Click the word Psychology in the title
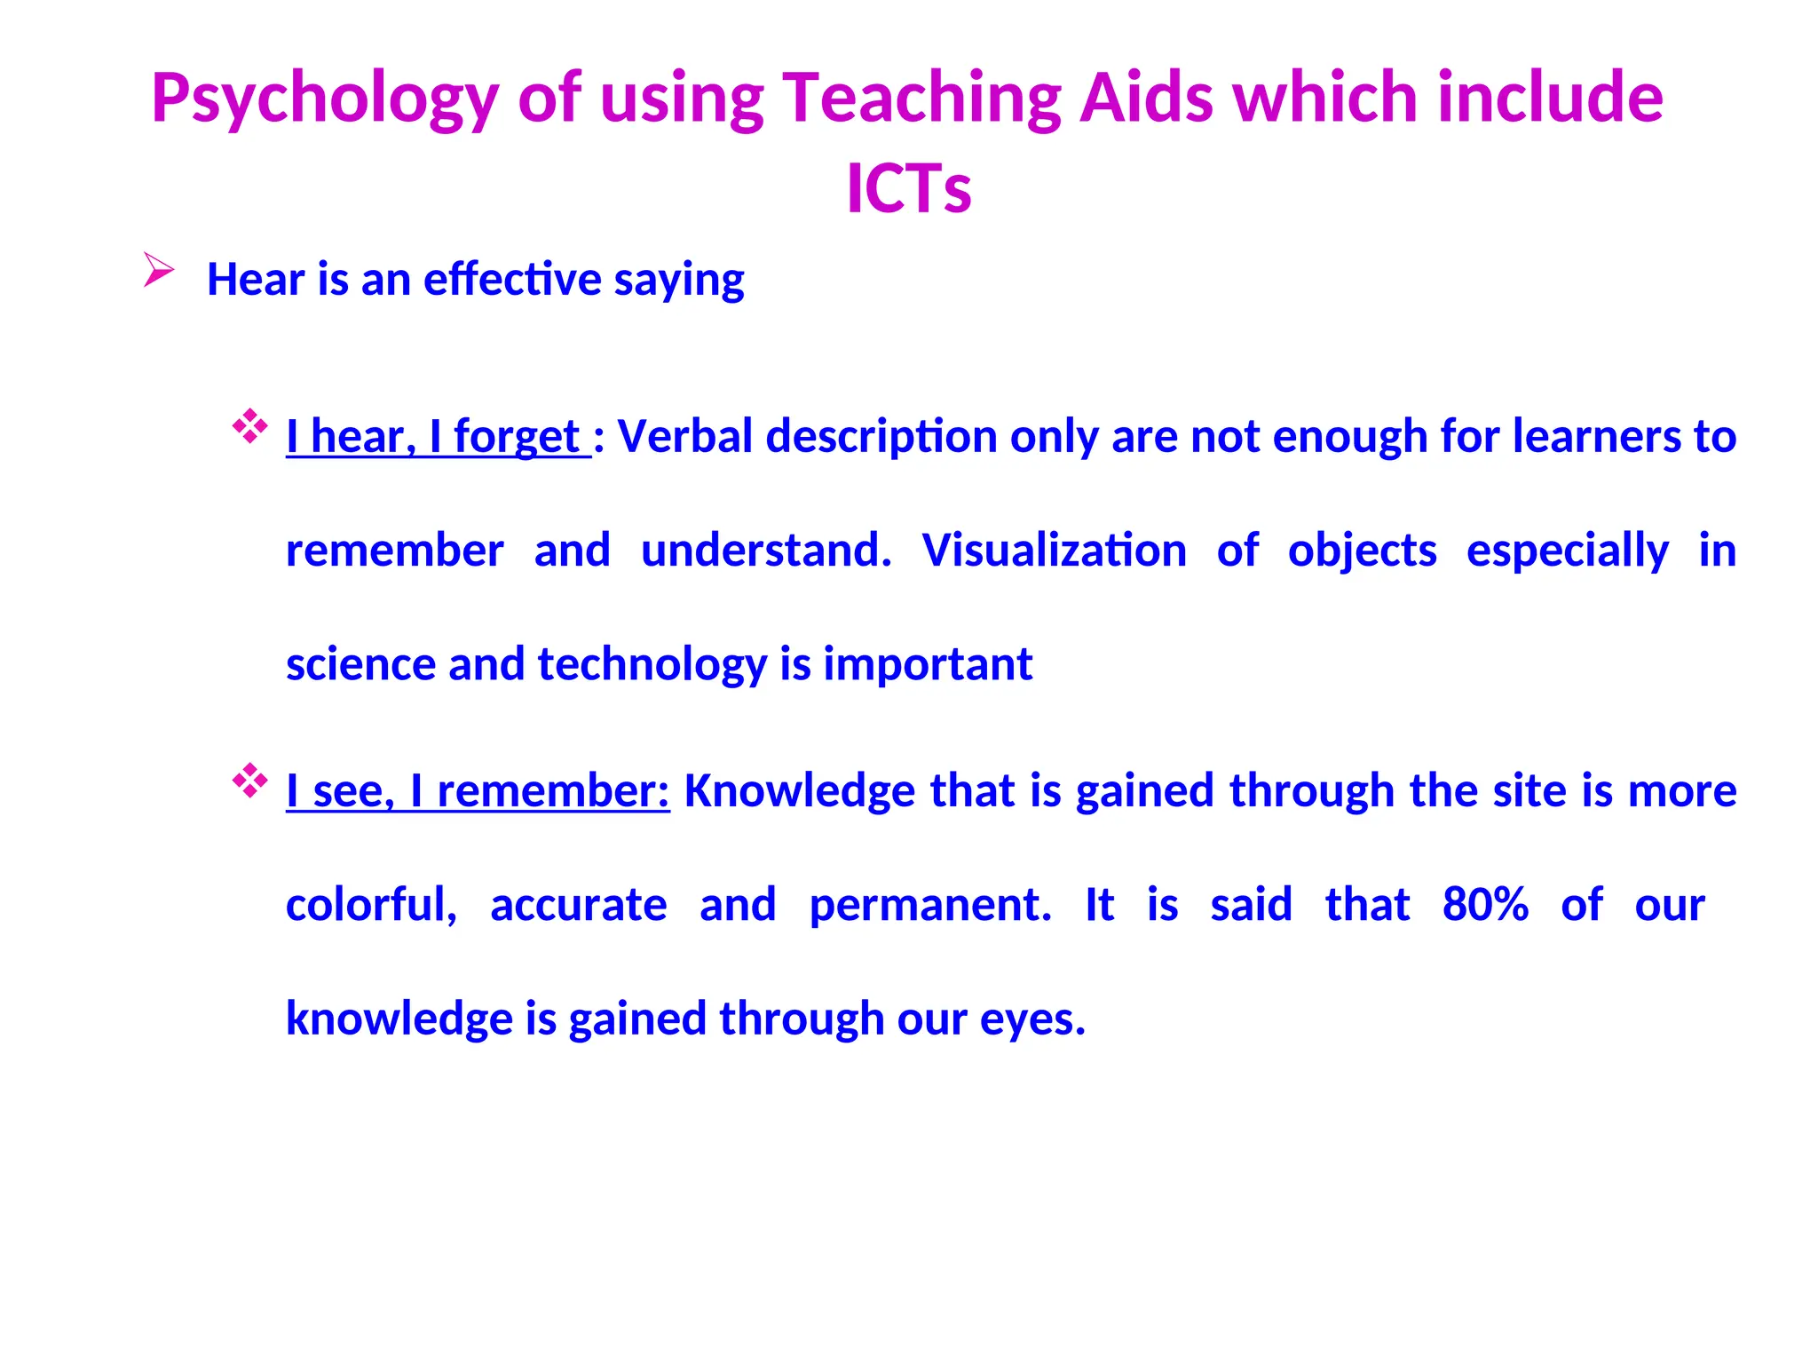(x=325, y=99)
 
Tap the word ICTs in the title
(x=909, y=189)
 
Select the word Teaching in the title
(x=921, y=99)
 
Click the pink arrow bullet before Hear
(x=158, y=269)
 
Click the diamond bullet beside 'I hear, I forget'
(x=249, y=426)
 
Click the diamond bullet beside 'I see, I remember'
(x=249, y=781)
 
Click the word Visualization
(x=1054, y=551)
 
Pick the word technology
(x=652, y=665)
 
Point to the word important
(x=928, y=665)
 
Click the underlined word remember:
(x=553, y=791)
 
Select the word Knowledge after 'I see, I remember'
(x=799, y=791)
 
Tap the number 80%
(x=1485, y=905)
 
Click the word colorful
(x=371, y=905)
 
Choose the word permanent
(x=929, y=905)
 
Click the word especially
(x=1567, y=551)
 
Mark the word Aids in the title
(x=1146, y=98)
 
